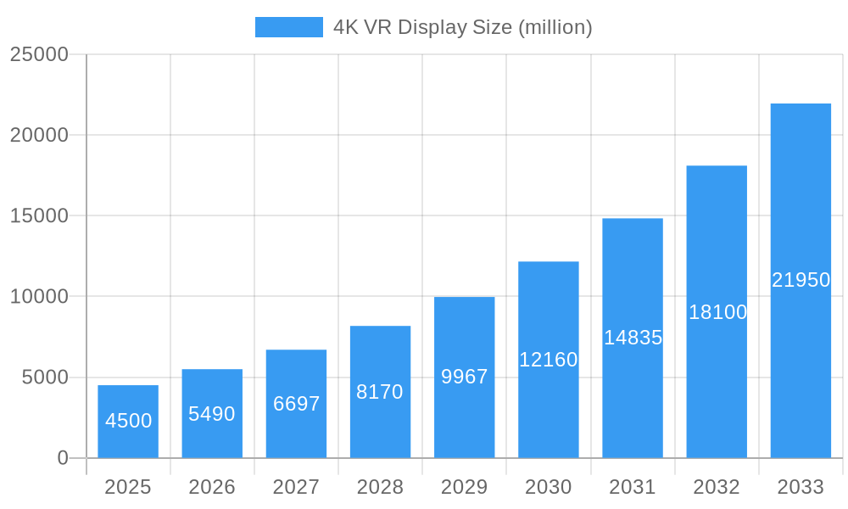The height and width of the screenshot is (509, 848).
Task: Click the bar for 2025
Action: (128, 422)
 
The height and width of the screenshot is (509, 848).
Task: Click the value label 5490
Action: (212, 414)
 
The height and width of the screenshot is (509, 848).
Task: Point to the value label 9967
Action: (465, 377)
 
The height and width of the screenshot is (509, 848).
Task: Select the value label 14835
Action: (633, 338)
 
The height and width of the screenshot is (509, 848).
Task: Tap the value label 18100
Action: (717, 312)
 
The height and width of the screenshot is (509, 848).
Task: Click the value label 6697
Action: (296, 404)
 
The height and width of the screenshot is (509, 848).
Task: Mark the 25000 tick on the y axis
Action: (39, 54)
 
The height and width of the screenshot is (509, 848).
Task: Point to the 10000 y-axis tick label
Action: (39, 297)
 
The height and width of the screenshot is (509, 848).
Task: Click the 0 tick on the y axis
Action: (63, 458)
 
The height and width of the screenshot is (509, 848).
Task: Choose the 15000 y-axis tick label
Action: (39, 215)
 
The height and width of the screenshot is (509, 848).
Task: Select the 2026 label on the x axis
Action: (212, 487)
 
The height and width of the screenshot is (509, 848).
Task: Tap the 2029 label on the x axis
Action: (465, 487)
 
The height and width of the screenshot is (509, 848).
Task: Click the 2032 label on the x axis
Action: (717, 487)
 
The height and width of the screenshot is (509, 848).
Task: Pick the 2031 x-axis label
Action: (633, 487)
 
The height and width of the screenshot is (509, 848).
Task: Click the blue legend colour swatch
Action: (289, 27)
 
